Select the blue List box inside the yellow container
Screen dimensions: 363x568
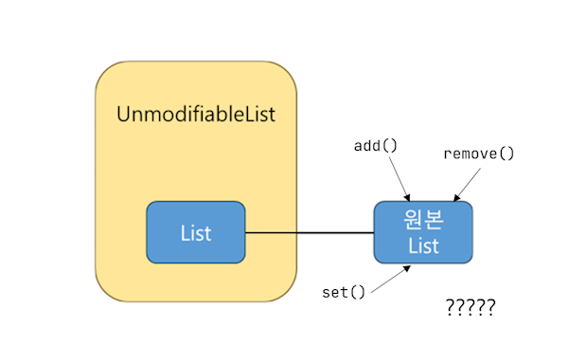coord(196,232)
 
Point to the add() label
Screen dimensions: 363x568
coord(376,146)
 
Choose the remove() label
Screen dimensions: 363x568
coord(478,153)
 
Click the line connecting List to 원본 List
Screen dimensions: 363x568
coord(310,232)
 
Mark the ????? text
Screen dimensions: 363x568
coord(470,308)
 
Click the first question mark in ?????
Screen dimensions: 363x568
coord(450,308)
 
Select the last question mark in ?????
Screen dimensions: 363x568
coord(490,308)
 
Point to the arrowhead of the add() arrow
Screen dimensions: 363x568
coord(407,197)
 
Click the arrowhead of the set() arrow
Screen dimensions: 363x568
coord(408,268)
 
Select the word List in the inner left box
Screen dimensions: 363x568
coord(196,232)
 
